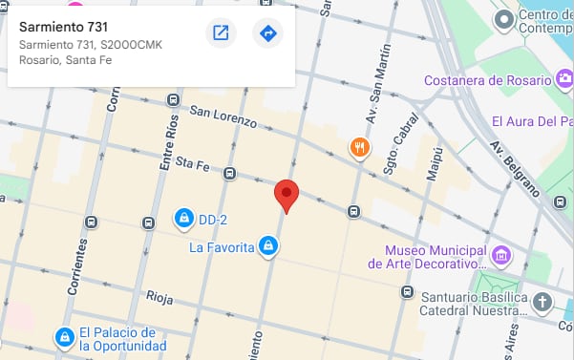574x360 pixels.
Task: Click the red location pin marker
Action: (x=287, y=195)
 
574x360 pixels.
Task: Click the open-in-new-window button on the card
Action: (x=221, y=33)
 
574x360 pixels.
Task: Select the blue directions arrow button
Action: (x=268, y=33)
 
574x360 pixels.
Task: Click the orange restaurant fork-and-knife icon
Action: (x=359, y=147)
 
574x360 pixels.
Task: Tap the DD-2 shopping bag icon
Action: (x=182, y=219)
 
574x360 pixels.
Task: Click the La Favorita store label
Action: (x=221, y=247)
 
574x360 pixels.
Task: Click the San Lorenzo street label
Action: (x=223, y=116)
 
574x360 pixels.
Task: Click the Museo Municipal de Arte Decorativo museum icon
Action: (x=501, y=256)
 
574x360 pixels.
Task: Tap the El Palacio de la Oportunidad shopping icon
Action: (x=64, y=338)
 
